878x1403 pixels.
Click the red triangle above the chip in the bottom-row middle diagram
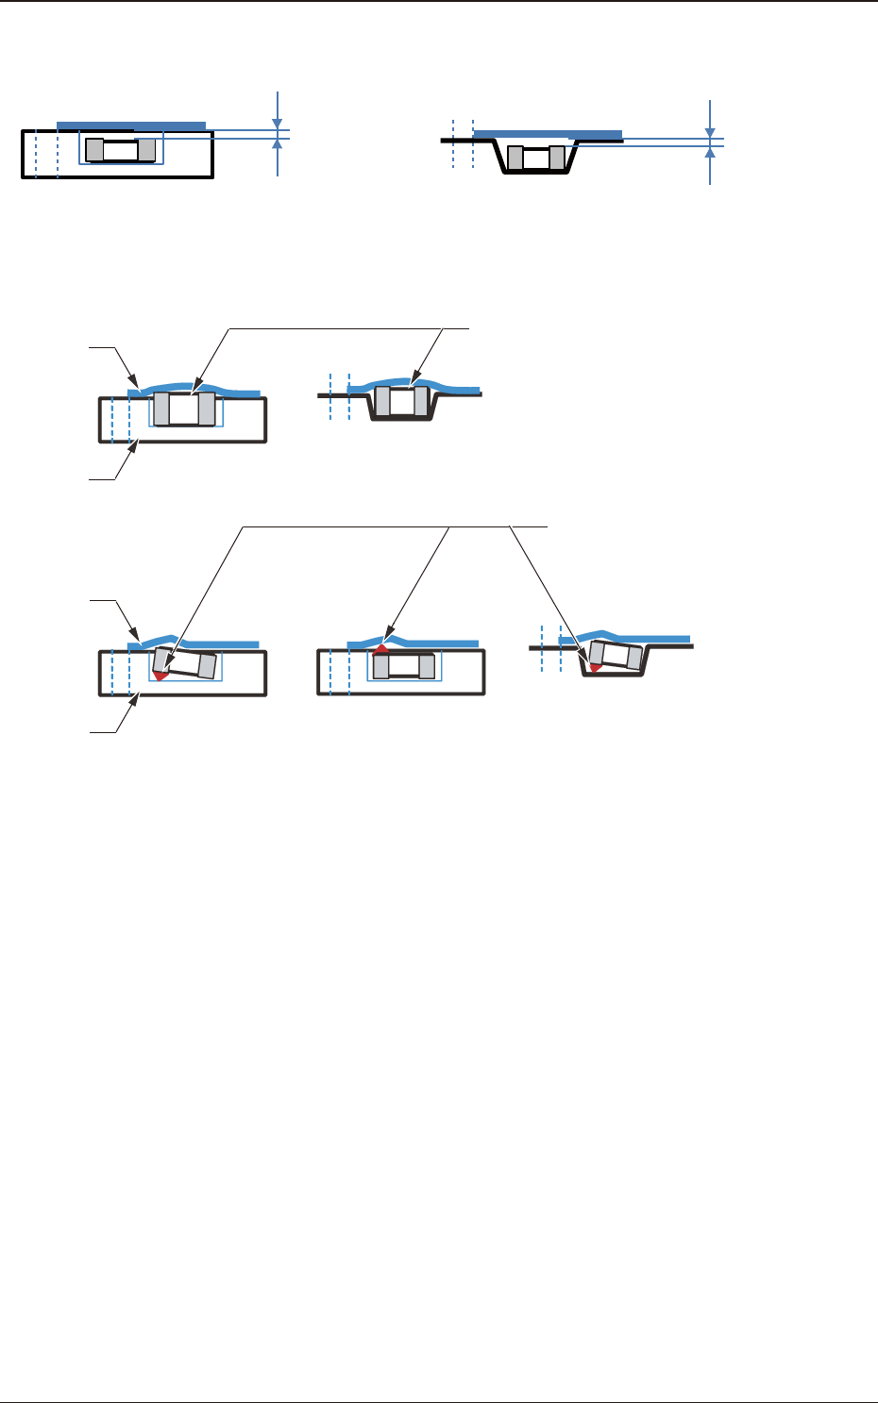(x=381, y=649)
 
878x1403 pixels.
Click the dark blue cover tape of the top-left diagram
(x=131, y=125)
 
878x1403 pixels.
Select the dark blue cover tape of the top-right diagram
(x=548, y=135)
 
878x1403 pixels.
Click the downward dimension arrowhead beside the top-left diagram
(x=277, y=124)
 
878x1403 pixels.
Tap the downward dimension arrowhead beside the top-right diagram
(x=710, y=133)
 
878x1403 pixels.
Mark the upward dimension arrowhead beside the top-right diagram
(x=710, y=152)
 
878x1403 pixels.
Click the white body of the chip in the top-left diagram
(x=120, y=150)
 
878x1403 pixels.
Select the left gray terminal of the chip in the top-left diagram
(x=94, y=150)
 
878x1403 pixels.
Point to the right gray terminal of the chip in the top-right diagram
(x=557, y=158)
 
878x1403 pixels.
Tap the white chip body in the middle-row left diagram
(x=184, y=409)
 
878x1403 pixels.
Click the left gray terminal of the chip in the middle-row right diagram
(x=382, y=402)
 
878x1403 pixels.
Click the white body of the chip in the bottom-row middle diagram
(x=405, y=667)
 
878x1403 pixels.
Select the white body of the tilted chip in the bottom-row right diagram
(x=616, y=656)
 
